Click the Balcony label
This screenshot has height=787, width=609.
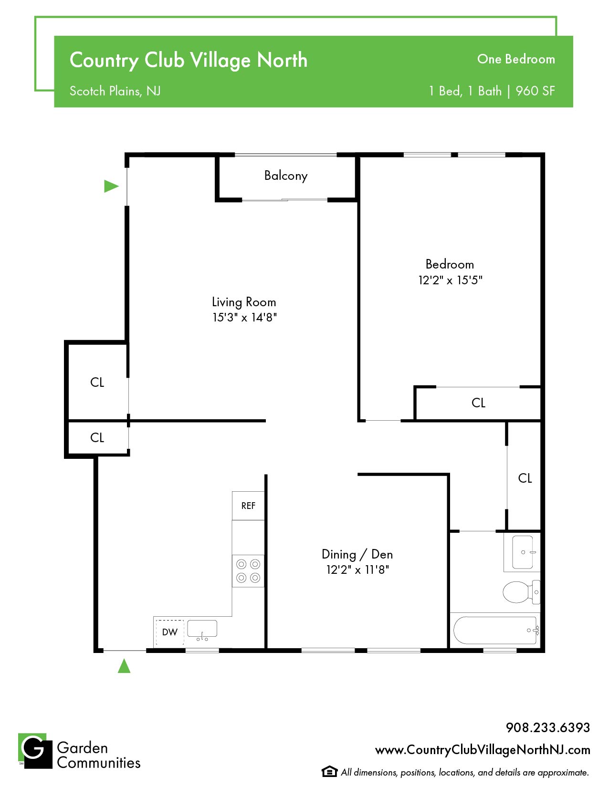(x=285, y=176)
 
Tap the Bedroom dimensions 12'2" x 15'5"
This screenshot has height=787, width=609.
(x=450, y=280)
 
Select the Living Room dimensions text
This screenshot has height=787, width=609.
(x=244, y=317)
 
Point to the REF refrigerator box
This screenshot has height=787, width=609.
(x=248, y=506)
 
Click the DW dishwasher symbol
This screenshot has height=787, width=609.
(x=169, y=632)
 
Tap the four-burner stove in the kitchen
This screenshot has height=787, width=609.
(x=248, y=571)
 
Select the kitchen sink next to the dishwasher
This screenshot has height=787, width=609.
(x=202, y=630)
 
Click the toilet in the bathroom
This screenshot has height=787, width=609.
(x=521, y=592)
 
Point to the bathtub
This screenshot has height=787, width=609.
(x=495, y=630)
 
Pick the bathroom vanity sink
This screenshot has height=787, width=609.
(x=523, y=552)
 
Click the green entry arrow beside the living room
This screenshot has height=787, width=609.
(x=111, y=186)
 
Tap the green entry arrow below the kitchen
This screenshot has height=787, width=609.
(x=124, y=666)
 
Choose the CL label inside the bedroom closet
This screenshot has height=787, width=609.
(x=478, y=403)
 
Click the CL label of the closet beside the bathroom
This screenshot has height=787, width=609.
(x=525, y=478)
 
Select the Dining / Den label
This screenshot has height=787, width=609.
(x=357, y=555)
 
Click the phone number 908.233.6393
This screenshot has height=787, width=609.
(x=548, y=727)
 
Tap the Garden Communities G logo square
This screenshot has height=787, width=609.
(x=35, y=751)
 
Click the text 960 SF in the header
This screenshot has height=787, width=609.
(x=535, y=91)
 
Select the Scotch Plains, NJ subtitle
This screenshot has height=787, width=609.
(x=115, y=91)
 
